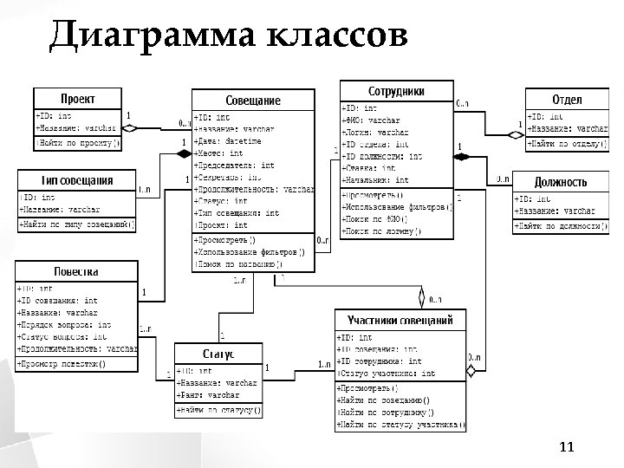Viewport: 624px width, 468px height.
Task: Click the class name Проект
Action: click(x=77, y=99)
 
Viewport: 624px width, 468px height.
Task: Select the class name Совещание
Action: click(x=253, y=101)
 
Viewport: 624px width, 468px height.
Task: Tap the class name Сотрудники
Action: click(x=396, y=91)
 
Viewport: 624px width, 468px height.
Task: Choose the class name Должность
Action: click(x=560, y=183)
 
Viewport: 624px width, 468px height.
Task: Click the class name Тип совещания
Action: click(x=78, y=180)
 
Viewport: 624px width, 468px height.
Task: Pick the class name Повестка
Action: click(x=76, y=271)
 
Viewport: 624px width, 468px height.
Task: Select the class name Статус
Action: click(x=218, y=354)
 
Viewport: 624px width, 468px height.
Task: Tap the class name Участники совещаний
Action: click(x=400, y=321)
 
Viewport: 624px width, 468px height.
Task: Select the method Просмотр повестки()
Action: click(x=62, y=364)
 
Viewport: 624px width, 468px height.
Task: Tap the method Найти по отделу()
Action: click(x=564, y=141)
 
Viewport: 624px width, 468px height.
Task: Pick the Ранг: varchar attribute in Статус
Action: click(x=208, y=394)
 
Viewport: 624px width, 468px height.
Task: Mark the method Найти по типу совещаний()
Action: click(x=77, y=224)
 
